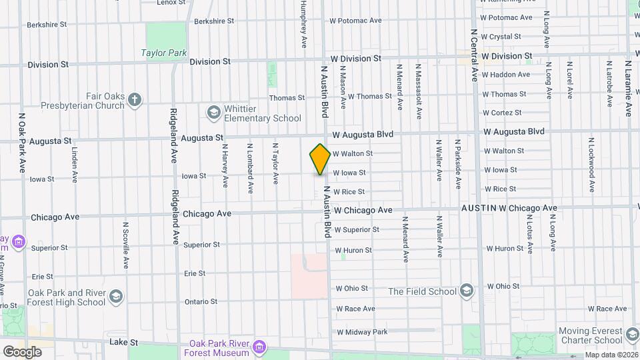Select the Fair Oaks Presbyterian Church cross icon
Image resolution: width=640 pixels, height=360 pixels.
[x=135, y=99]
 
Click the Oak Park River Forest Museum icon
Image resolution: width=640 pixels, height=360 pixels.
[x=260, y=347]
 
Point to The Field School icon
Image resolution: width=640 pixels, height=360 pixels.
[x=467, y=291]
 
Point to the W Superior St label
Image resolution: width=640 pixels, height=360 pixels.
[x=357, y=230]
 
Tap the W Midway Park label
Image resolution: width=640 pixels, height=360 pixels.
[x=362, y=332]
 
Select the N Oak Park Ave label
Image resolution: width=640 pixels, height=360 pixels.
[x=22, y=150]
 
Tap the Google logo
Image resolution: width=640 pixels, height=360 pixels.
[x=22, y=351]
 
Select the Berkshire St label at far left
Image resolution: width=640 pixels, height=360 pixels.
[x=47, y=25]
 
